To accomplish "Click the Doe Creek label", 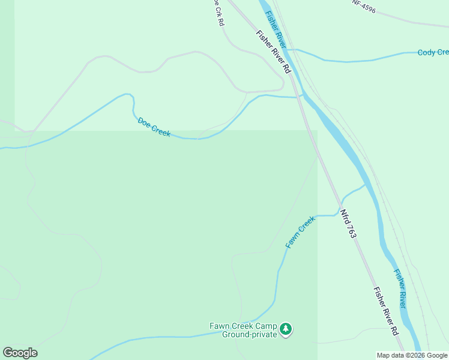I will (x=154, y=127).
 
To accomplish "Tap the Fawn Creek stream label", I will (x=300, y=232).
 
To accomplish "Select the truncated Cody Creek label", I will (x=433, y=53).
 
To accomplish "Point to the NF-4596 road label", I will (x=364, y=5).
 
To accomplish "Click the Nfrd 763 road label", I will (x=348, y=223).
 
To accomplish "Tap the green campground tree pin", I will (x=286, y=328).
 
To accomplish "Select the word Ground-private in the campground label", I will (x=249, y=334).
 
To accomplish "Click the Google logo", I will (x=20, y=353).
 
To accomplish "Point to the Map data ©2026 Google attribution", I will (x=412, y=355).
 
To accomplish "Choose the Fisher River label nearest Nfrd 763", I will (x=400, y=288).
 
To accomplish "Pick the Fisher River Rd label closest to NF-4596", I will (x=273, y=52).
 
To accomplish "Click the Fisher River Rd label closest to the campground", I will (x=386, y=311).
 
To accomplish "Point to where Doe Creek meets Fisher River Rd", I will (x=300, y=97).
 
